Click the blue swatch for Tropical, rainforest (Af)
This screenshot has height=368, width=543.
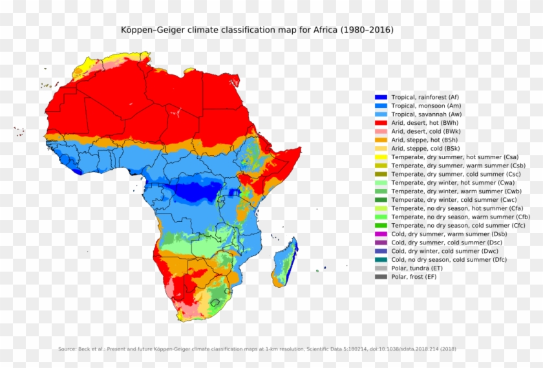(x=381, y=97)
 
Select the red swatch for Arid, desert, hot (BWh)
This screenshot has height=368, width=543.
(x=381, y=122)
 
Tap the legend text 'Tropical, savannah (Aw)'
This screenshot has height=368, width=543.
(x=426, y=114)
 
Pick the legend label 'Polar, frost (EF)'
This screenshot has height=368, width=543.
(x=414, y=277)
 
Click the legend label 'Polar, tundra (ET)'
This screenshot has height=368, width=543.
(x=417, y=268)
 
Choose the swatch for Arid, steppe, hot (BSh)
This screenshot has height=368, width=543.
(x=381, y=140)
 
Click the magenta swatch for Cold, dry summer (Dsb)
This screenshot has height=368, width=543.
(x=381, y=233)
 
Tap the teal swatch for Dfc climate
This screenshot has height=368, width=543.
(x=381, y=259)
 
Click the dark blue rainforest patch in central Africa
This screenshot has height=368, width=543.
(x=193, y=191)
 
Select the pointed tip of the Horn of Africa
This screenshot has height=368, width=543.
(x=299, y=149)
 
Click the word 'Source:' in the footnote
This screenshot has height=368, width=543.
(x=68, y=349)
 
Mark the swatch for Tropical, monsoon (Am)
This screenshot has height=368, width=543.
(x=381, y=105)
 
